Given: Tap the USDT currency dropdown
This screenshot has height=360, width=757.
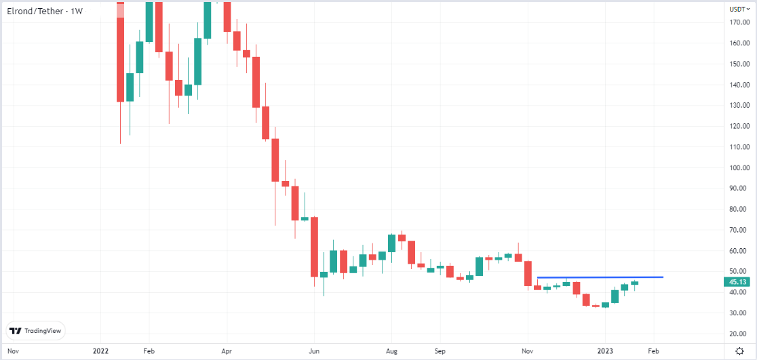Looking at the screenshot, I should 739,9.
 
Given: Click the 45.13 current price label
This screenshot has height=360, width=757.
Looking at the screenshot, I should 738,282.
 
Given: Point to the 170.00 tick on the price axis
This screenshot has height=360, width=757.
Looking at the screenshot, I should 739,22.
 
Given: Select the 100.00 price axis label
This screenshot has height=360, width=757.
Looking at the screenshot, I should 739,167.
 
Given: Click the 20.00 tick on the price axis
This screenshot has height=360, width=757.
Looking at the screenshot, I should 739,334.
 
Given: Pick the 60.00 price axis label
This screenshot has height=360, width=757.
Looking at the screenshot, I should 739,251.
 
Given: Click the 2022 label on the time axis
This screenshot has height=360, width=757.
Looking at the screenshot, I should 100,352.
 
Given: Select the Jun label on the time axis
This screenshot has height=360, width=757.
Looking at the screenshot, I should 314,352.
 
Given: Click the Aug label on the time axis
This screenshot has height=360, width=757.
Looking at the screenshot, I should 392,352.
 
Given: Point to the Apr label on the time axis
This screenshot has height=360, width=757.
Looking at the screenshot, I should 227,352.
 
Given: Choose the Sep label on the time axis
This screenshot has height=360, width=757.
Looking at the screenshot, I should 440,352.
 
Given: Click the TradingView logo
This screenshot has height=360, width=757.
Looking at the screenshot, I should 35,331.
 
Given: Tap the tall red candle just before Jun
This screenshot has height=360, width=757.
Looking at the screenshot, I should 315,247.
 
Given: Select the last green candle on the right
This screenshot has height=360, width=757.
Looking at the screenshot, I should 634,283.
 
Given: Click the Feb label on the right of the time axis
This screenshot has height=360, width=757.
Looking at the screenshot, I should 653,352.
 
